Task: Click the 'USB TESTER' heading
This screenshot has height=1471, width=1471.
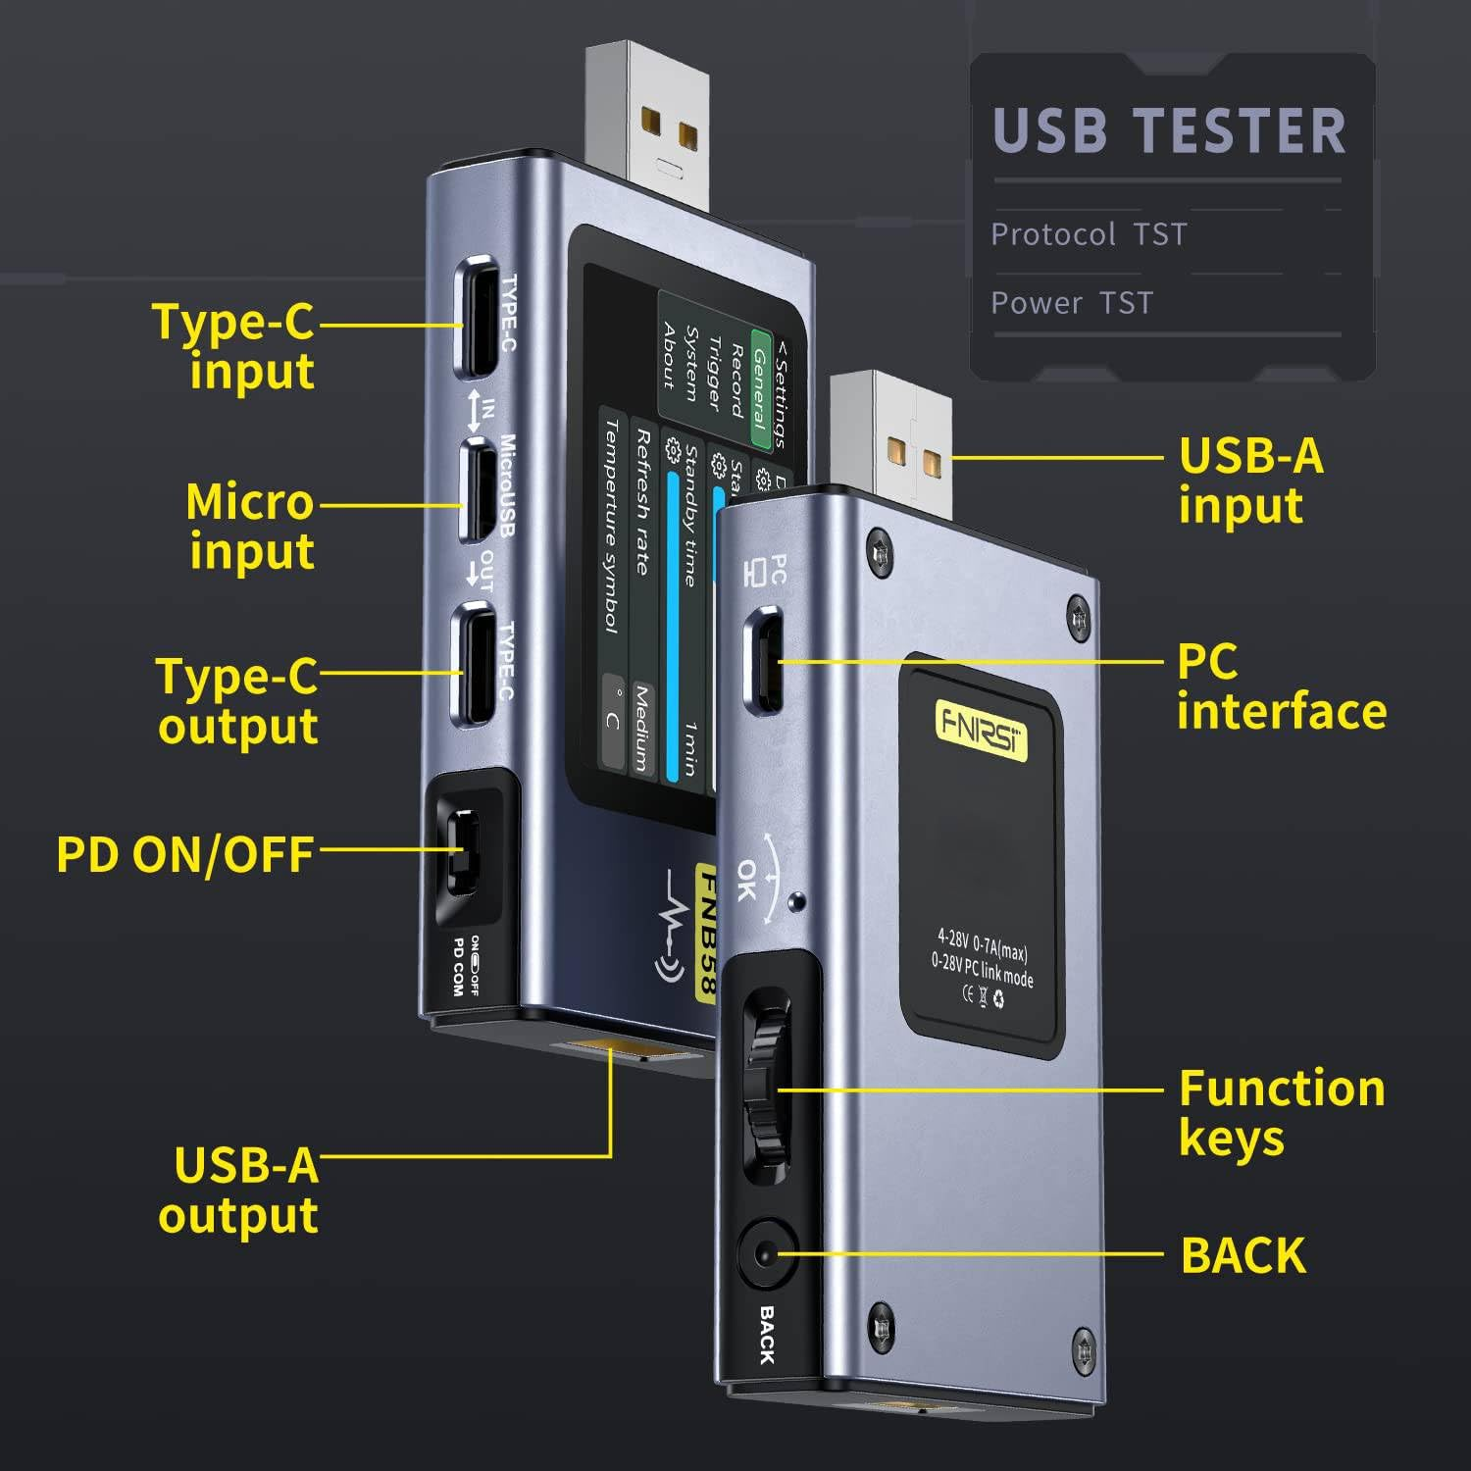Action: [1169, 131]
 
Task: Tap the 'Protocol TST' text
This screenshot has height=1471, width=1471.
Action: [1089, 234]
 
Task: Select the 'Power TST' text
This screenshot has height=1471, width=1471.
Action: [1072, 303]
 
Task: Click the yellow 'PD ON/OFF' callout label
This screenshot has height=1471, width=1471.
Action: [185, 854]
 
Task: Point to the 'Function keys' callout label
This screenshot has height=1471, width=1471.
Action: [1281, 1113]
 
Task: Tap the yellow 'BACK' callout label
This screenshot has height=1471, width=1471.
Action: [1243, 1255]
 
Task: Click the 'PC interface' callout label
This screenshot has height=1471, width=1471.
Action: [1281, 686]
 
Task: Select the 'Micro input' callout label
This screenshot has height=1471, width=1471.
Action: [251, 526]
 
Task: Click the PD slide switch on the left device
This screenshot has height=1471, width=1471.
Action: [463, 850]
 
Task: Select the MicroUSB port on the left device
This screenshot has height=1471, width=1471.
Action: [479, 490]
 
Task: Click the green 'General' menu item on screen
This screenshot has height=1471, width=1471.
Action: [760, 388]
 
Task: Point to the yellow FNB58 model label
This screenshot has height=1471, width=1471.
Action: [706, 932]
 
